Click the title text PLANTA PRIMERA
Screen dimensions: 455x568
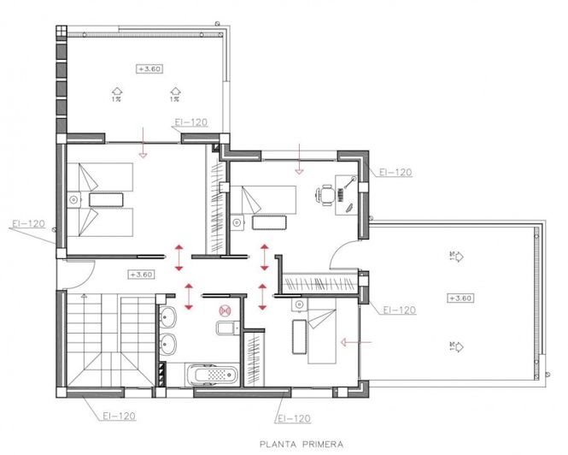click(302, 444)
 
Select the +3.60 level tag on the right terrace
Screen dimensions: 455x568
click(460, 298)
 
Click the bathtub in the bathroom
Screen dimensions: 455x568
click(213, 375)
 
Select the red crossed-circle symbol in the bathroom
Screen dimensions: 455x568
click(225, 311)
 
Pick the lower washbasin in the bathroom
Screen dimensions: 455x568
click(168, 345)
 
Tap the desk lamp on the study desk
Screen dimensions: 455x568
click(351, 180)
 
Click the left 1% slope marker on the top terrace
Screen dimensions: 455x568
click(114, 91)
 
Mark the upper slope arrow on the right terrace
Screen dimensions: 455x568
click(456, 255)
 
